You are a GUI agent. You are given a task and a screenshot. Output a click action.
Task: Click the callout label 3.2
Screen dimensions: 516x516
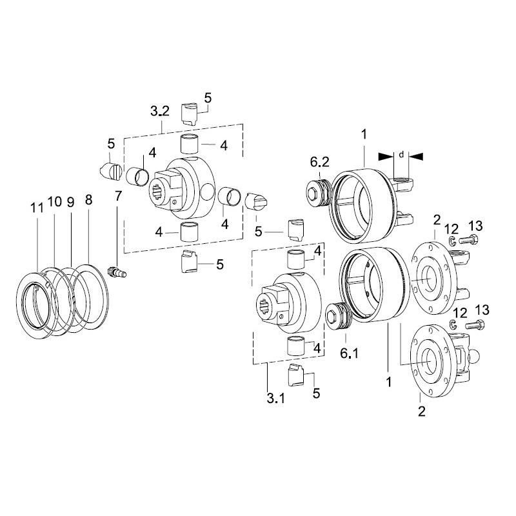click(160, 112)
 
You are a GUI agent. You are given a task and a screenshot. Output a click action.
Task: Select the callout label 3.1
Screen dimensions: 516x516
click(276, 399)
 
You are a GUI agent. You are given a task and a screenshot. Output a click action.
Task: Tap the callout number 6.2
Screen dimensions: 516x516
click(320, 162)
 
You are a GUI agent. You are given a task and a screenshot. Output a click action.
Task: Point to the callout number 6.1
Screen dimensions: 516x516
click(349, 353)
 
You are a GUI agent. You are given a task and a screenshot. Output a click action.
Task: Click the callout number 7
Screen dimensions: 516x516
click(118, 196)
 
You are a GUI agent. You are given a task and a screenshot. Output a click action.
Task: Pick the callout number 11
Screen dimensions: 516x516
click(37, 208)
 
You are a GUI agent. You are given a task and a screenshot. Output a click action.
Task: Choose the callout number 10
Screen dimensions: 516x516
click(55, 201)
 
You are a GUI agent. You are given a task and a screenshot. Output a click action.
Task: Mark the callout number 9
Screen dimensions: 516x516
click(71, 203)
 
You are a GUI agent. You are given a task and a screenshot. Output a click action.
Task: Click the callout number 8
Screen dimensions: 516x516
click(89, 200)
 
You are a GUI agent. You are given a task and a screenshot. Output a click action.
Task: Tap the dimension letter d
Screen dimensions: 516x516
click(401, 154)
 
